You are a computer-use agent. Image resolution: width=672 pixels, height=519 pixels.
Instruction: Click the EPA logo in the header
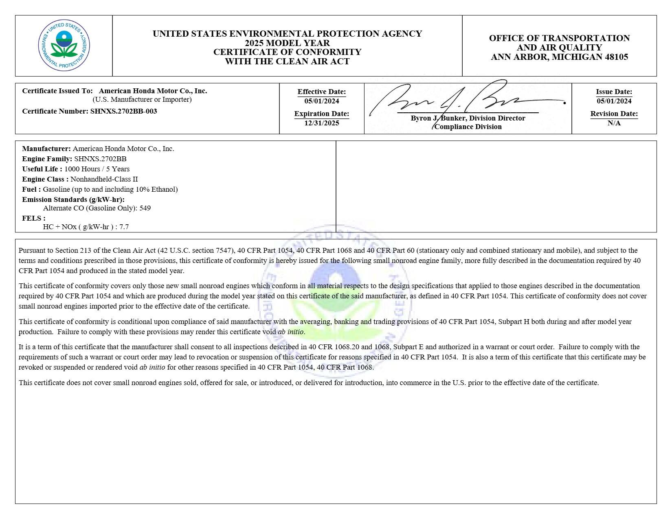[x=64, y=46]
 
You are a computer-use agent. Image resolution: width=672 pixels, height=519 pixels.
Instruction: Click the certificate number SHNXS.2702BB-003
[x=123, y=111]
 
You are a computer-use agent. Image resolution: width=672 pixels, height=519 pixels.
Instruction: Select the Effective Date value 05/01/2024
[x=322, y=101]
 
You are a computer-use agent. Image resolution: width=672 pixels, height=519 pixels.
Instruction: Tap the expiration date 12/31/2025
[x=322, y=123]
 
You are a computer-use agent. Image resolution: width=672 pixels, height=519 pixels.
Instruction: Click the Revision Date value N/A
[x=614, y=123]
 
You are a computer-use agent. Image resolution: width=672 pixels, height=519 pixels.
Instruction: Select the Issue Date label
[x=614, y=92]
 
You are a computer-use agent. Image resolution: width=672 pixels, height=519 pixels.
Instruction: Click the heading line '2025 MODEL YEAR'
[x=287, y=43]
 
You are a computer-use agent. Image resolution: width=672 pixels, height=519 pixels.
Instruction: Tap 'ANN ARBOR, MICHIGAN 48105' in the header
[x=559, y=57]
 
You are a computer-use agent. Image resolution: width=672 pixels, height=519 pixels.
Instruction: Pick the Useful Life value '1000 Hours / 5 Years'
[x=97, y=169]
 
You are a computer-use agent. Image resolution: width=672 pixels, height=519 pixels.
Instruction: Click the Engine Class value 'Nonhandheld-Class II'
[x=104, y=179]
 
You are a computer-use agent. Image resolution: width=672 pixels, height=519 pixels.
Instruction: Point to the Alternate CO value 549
[x=145, y=208]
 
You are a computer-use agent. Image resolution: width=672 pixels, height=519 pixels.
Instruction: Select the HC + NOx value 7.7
[x=124, y=227]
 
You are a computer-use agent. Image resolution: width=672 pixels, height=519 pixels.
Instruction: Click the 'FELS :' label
[x=34, y=218]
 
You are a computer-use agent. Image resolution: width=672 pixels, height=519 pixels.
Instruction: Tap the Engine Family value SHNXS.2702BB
[x=100, y=159]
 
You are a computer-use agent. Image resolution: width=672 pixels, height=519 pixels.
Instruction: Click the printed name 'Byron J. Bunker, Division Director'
[x=468, y=118]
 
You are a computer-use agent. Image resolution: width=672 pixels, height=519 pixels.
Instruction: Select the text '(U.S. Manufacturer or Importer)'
[x=142, y=99]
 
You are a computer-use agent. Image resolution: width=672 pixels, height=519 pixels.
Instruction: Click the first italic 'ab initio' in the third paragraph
[x=291, y=332]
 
